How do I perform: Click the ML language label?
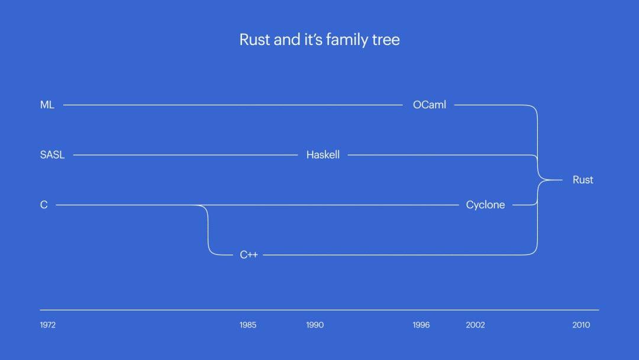pos(47,105)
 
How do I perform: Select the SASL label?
pos(52,155)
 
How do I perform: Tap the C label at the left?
pos(44,205)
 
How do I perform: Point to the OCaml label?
pos(430,105)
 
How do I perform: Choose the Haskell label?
pos(323,155)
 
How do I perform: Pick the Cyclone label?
pos(485,205)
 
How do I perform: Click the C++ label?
pos(248,255)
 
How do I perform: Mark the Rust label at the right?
pos(583,180)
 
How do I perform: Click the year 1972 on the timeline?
pos(48,325)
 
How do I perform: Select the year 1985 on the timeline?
pos(248,325)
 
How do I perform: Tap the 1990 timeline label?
pos(315,325)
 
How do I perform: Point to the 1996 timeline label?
pos(421,325)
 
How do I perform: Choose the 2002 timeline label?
pos(475,325)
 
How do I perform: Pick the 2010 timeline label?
pos(581,325)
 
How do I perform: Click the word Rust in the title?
pos(254,40)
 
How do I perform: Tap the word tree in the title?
pos(386,40)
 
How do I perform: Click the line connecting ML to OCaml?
pos(231,105)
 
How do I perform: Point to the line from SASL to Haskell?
pos(183,155)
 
